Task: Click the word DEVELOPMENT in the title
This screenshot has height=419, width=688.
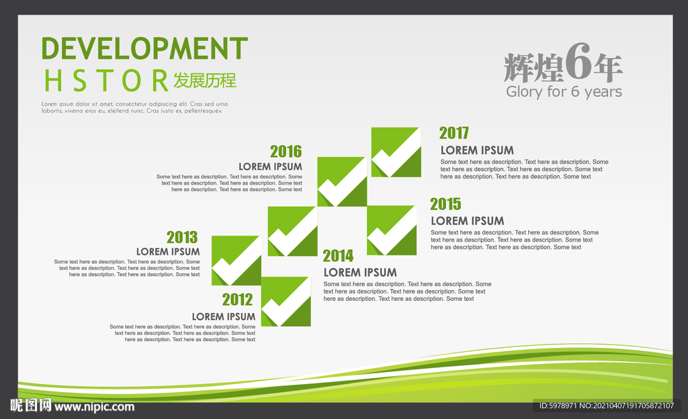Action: coord(144,48)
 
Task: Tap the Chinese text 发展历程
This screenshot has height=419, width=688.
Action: coord(205,80)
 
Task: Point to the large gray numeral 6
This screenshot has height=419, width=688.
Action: coord(578,61)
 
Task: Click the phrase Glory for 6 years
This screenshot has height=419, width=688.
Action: coord(564,91)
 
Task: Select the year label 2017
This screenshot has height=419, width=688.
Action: coord(454,133)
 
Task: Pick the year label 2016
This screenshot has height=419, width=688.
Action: coord(286,151)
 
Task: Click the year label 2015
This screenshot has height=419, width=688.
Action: coord(446,204)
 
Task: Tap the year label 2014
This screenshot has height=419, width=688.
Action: coord(339,256)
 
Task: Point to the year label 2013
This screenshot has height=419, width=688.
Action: coord(182,237)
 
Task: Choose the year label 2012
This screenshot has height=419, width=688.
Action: coord(237,299)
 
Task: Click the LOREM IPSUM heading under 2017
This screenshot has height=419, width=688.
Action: coord(477,150)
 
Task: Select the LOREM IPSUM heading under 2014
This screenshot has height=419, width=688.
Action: coord(360,273)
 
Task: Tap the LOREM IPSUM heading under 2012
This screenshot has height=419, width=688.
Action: coord(224,316)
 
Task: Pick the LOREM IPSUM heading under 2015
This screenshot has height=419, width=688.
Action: coord(468,221)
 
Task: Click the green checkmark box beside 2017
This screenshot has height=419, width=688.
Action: coord(396,152)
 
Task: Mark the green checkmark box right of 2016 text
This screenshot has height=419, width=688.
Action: coord(342,181)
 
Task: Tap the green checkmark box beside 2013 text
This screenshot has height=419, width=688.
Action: coord(236,261)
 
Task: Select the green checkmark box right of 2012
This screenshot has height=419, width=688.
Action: coord(286,301)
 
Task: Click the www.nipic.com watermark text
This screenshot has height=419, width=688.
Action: coord(94,407)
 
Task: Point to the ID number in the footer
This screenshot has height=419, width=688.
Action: coord(607,406)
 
